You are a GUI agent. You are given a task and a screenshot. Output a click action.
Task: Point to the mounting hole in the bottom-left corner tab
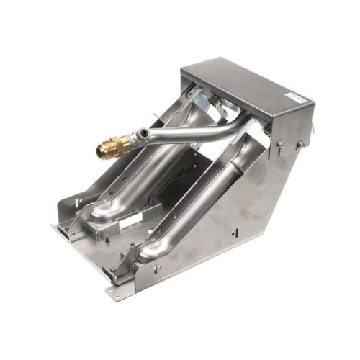coord(112,290)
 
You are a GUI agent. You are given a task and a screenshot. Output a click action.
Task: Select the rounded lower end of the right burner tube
coord(150,251)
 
